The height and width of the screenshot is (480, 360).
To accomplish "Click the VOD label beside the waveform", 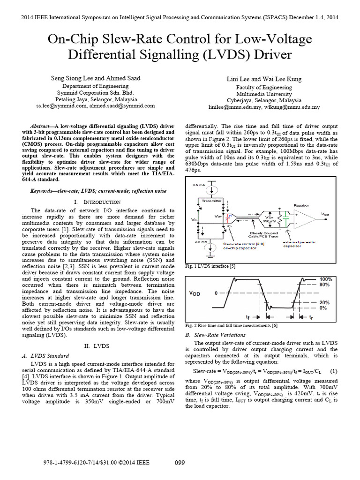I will tap(195, 293).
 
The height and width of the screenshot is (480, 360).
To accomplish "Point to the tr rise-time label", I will tap(311, 317).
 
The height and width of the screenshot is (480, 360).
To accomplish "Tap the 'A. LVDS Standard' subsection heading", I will tap(45, 356).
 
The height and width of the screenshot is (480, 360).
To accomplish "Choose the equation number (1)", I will tap(334, 371).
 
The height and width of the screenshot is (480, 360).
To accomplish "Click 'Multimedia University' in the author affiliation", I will tap(264, 93).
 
